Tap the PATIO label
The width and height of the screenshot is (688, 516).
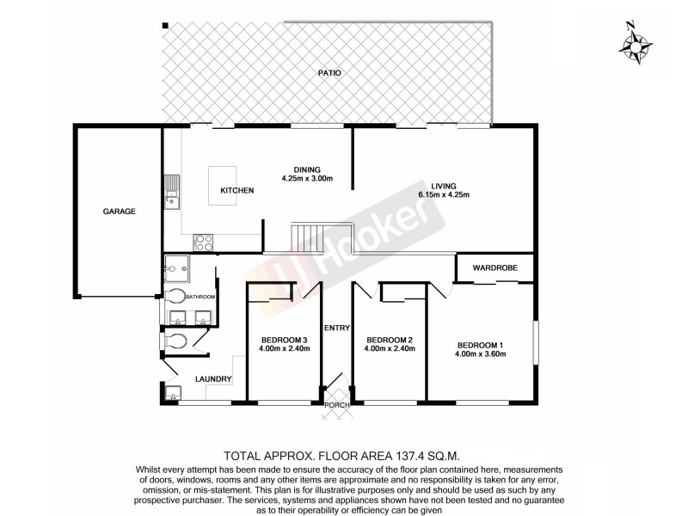click(329, 73)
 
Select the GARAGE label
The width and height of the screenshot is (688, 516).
click(120, 211)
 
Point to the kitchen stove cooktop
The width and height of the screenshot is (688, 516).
click(205, 242)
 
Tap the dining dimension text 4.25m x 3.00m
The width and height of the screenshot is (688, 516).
click(306, 179)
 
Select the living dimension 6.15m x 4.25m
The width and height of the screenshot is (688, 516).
click(444, 195)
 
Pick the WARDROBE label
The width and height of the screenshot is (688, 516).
click(494, 268)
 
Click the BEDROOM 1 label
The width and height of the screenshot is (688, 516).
click(480, 346)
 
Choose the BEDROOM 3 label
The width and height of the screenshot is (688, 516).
click(284, 339)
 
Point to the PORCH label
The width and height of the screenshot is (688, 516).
click(335, 404)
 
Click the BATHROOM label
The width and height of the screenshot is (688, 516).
click(200, 297)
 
